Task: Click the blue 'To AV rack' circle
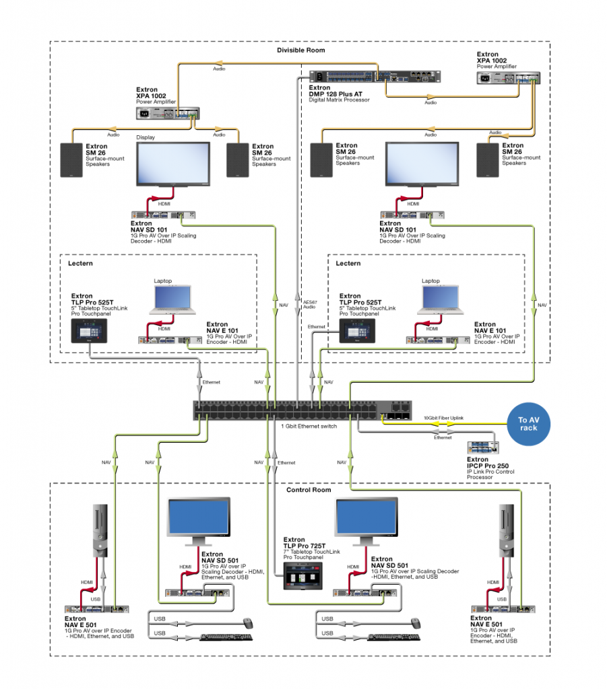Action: pyautogui.click(x=529, y=424)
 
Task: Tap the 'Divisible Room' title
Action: pyautogui.click(x=300, y=50)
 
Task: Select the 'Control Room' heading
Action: pyautogui.click(x=307, y=490)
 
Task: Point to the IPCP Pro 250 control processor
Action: pyautogui.click(x=482, y=447)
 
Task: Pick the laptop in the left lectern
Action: pyautogui.click(x=173, y=301)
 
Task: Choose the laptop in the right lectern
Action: pyautogui.click(x=441, y=300)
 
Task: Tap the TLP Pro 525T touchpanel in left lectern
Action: pyautogui.click(x=89, y=330)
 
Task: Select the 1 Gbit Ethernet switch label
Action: pyautogui.click(x=308, y=425)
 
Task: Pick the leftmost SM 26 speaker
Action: pyautogui.click(x=71, y=160)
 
